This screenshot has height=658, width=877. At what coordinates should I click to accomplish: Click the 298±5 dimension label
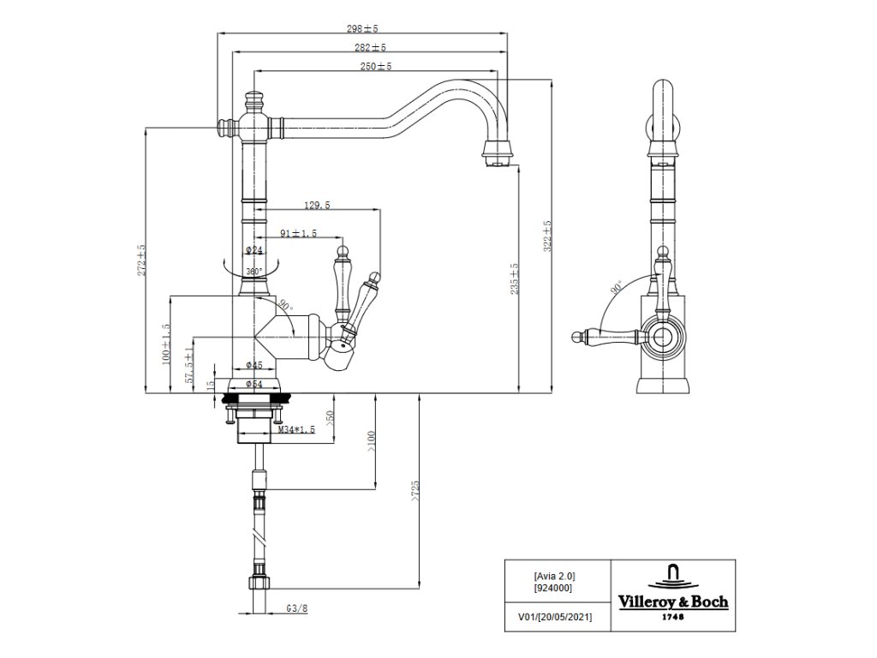coord(362,28)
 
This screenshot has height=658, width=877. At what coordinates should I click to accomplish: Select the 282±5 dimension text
coord(370,48)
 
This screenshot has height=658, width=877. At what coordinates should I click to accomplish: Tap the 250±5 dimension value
coord(376,66)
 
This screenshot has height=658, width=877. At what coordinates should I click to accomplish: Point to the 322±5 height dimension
coord(547,236)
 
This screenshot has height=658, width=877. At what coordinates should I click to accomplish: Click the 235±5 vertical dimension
coord(515,278)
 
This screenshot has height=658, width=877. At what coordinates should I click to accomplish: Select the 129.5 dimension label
coord(317,206)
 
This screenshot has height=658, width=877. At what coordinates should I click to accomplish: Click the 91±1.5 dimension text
coord(299,233)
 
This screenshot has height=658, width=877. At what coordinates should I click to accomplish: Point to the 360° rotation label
coord(254,272)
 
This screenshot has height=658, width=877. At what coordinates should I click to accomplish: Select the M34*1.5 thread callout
coord(296,430)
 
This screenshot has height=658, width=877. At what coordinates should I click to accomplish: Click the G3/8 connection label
coord(297,609)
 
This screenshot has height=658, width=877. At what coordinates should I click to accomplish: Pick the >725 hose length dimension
coord(415,491)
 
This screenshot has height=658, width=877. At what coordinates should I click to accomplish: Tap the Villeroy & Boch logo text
coord(673,602)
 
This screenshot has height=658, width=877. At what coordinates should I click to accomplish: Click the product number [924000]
coord(554,588)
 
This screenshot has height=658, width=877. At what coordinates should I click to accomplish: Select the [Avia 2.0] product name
coord(554,576)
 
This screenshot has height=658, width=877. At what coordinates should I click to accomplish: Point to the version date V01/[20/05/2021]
coord(555,617)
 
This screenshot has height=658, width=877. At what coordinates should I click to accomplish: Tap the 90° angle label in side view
coord(617,289)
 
